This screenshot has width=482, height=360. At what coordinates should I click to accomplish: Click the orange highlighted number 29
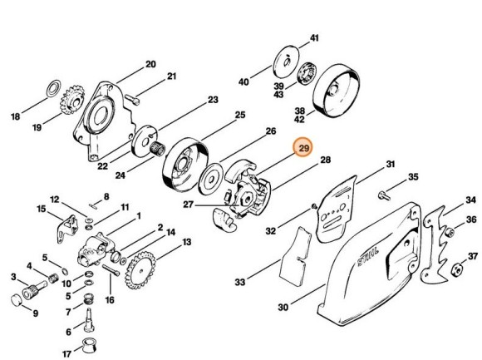click(x=304, y=148)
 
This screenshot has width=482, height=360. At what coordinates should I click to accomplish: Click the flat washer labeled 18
click(x=50, y=86)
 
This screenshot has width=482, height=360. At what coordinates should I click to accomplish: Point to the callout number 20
click(x=150, y=64)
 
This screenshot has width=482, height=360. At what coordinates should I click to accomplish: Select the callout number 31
click(x=389, y=164)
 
